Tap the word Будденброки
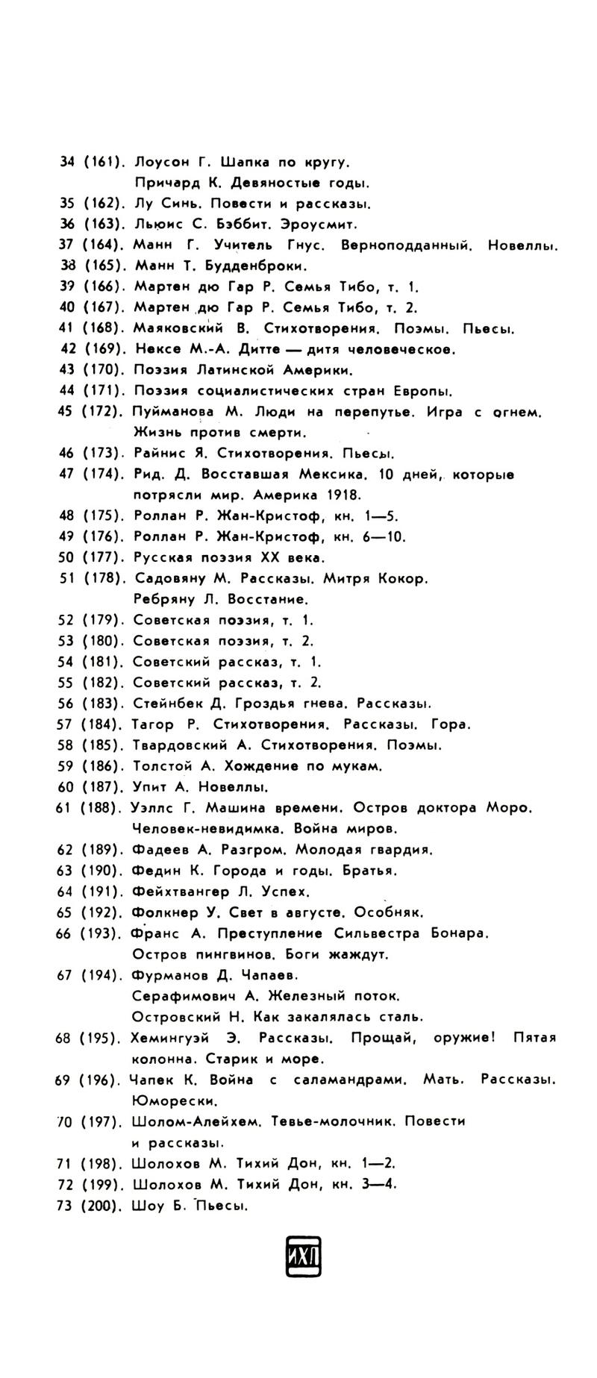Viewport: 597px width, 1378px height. (254, 266)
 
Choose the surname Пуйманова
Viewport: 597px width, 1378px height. (173, 412)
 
